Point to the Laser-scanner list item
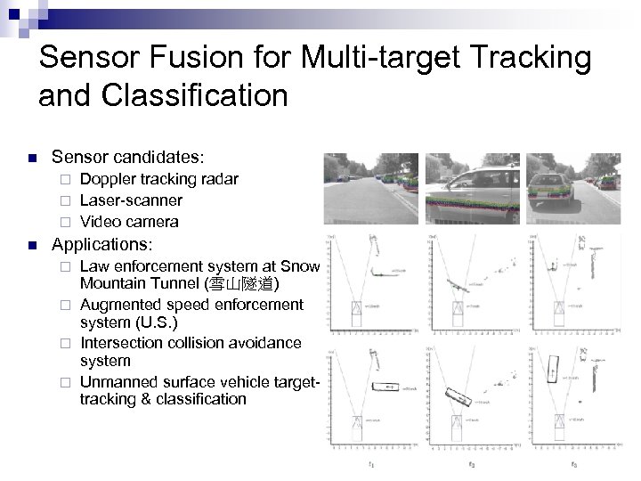131,200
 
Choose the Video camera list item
129,222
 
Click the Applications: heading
102,243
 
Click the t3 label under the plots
574,464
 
